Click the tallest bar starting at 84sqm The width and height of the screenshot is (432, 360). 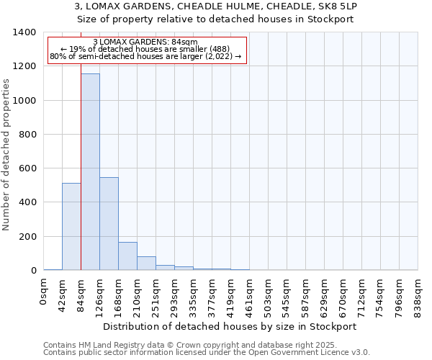point(90,172)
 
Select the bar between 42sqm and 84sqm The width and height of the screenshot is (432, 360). point(71,227)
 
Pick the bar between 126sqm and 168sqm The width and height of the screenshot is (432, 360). point(109,224)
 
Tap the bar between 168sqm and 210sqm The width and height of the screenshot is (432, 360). point(127,256)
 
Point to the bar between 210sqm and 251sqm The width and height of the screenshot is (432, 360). point(146,264)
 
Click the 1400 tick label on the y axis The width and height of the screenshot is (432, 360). point(24,32)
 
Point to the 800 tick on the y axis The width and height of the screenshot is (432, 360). point(27,135)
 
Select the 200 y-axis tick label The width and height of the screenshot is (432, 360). point(27,237)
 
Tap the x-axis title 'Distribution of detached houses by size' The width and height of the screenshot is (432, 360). point(230,326)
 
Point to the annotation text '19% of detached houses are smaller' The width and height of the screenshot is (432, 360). point(147,50)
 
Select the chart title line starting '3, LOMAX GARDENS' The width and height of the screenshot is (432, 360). point(215,6)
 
